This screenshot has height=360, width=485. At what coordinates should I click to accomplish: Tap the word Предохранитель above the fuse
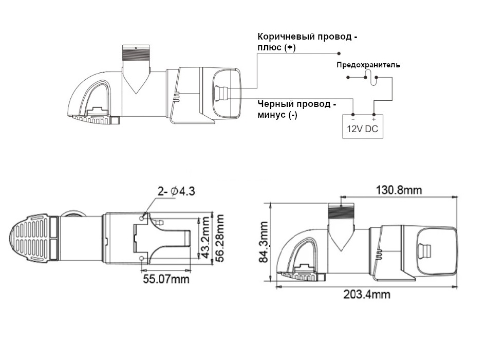368,65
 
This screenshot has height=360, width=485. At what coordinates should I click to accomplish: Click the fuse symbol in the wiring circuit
370,78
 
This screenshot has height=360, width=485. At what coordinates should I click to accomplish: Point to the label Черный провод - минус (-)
296,110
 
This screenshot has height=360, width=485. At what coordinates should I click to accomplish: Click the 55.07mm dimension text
165,279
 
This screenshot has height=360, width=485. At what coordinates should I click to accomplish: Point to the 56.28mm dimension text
220,239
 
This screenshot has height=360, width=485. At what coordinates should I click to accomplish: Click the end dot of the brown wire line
339,53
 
